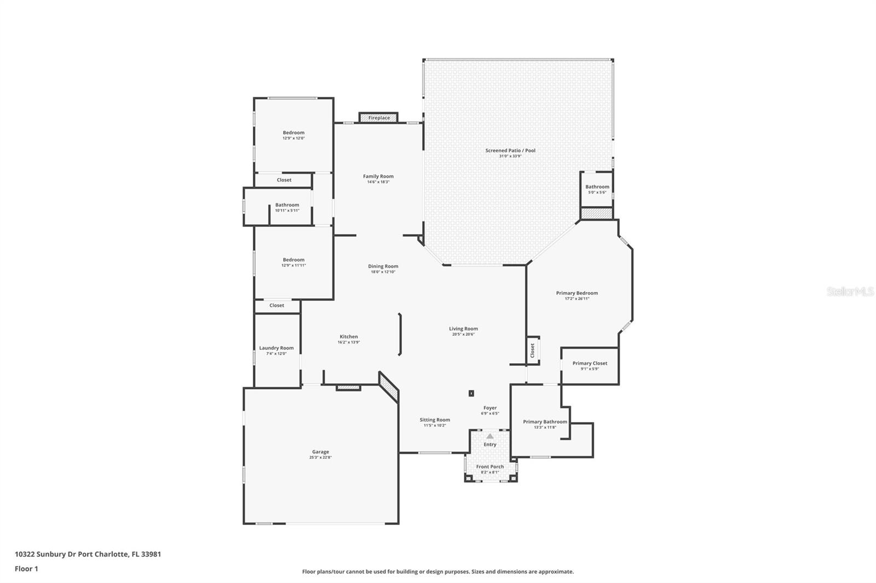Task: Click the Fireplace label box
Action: [x=379, y=118]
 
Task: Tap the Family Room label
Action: [x=378, y=176]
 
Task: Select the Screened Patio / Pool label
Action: [x=510, y=150]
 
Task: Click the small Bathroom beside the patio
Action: [x=597, y=189]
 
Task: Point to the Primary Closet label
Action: [x=590, y=363]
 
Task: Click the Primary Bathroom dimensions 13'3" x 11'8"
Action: [x=545, y=427]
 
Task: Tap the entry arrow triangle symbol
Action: [x=490, y=436]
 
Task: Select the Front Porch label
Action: [x=490, y=467]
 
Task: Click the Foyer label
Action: [x=490, y=408]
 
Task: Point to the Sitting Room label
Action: [x=435, y=420]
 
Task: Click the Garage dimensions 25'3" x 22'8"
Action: [x=320, y=457]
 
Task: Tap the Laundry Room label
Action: [x=276, y=348]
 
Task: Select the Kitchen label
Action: [x=349, y=337]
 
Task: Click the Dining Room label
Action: [x=383, y=266]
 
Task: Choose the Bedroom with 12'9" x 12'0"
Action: [x=293, y=135]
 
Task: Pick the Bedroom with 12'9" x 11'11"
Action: [x=293, y=262]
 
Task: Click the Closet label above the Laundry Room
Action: [x=276, y=305]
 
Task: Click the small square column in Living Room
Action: [x=471, y=393]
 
